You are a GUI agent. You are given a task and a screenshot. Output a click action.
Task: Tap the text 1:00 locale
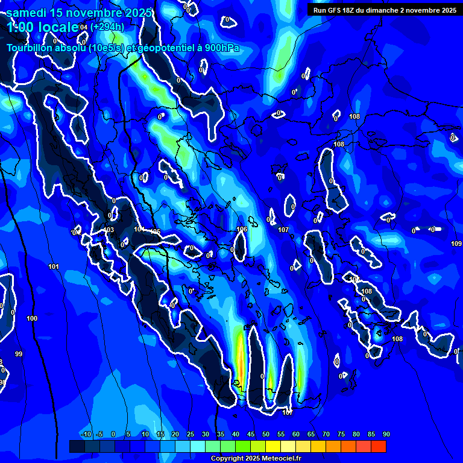(42, 27)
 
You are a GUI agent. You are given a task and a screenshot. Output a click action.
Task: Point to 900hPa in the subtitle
(219, 48)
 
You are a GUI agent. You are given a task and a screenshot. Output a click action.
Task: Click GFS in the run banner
(335, 10)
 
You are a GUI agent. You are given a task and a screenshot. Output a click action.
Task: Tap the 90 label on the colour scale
(386, 435)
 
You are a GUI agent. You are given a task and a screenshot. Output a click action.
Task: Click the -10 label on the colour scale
(86, 435)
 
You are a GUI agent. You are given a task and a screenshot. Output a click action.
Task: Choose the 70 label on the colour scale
(326, 435)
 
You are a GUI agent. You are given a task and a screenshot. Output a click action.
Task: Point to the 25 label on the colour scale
(191, 435)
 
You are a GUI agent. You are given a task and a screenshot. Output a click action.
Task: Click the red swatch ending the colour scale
(379, 446)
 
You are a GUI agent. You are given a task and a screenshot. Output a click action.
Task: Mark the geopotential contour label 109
(456, 244)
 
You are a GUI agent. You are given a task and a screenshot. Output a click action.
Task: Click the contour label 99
(19, 354)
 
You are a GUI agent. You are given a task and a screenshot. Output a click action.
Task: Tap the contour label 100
(32, 318)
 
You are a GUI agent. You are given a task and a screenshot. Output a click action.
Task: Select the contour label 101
(54, 266)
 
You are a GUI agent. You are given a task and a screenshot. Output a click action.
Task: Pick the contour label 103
(109, 230)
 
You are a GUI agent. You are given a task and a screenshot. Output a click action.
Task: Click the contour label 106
(242, 230)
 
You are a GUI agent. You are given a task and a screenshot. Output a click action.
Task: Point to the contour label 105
(156, 231)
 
